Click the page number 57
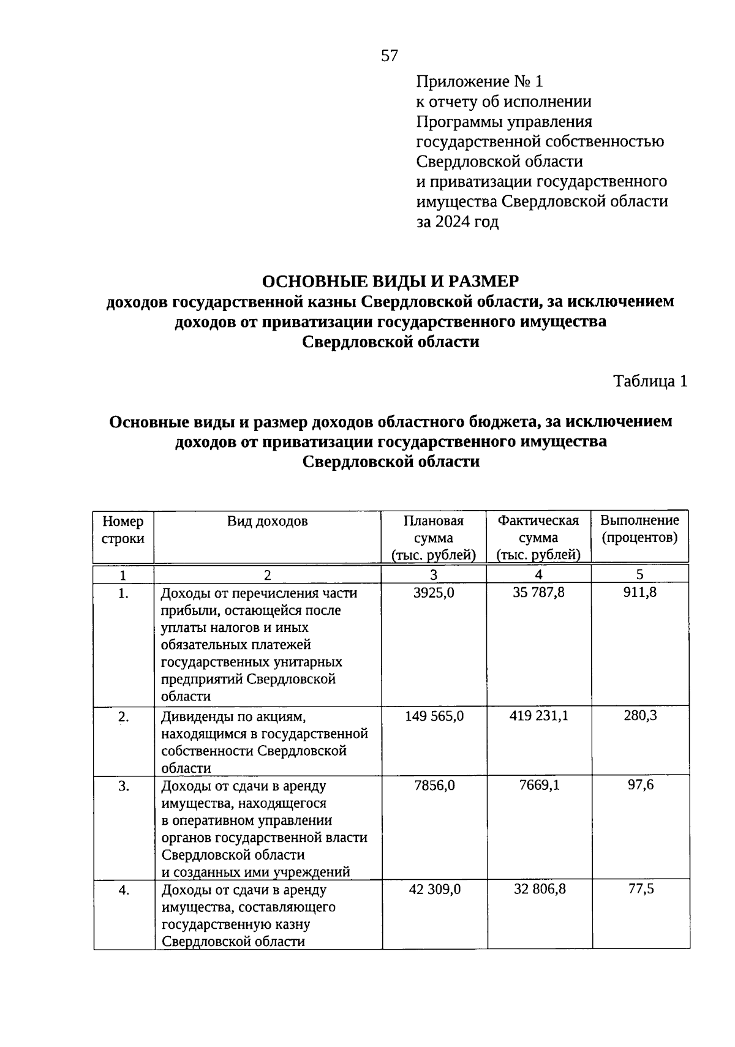coord(390,56)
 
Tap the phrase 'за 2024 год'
coord(458,222)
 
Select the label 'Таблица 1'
coord(650,381)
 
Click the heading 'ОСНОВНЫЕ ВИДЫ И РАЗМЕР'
coord(390,281)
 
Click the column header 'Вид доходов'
coord(268,521)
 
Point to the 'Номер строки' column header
coord(123,530)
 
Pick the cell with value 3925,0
coord(434,593)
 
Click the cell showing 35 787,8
coord(538,593)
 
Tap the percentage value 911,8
coord(640,592)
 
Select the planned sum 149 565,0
coord(434,716)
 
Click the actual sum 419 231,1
coord(538,715)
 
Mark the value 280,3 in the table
coord(640,715)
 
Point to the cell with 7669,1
coord(538,785)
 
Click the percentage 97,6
coord(640,785)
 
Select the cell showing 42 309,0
coord(434,889)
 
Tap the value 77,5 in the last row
coord(641,888)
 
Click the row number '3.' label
coord(124,786)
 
